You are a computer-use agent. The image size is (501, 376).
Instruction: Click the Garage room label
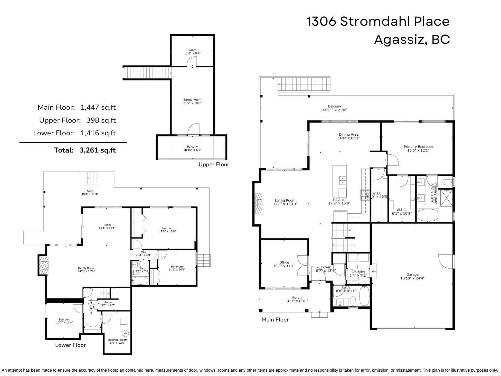[412, 276]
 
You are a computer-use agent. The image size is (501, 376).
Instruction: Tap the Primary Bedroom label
[418, 148]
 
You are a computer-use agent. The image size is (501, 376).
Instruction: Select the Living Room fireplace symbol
[258, 204]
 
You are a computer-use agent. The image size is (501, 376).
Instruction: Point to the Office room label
[284, 264]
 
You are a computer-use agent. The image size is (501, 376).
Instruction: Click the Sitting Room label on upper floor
[192, 101]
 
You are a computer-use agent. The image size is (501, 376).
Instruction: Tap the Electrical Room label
[117, 341]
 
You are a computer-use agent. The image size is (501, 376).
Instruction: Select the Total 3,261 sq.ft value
[97, 150]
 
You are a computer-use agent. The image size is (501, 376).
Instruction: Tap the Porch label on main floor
[297, 299]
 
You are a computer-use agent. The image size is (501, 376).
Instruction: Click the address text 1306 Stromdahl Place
[378, 22]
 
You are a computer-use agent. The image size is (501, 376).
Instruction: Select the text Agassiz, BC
[412, 40]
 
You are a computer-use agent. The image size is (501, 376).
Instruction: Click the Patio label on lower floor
[90, 193]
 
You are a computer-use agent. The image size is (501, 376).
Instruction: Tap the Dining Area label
[349, 136]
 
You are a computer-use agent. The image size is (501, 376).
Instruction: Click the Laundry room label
[358, 274]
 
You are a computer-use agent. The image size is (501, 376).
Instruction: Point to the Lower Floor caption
[70, 345]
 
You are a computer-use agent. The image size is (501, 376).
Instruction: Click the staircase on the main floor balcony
[304, 84]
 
